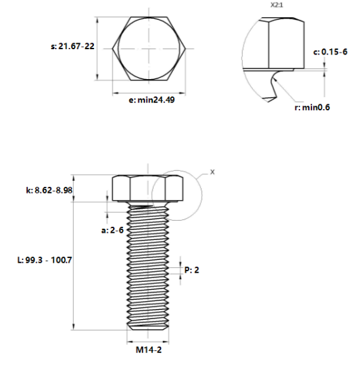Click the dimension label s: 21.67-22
tap(73, 47)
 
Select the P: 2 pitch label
tap(191, 270)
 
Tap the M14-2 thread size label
tap(148, 351)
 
